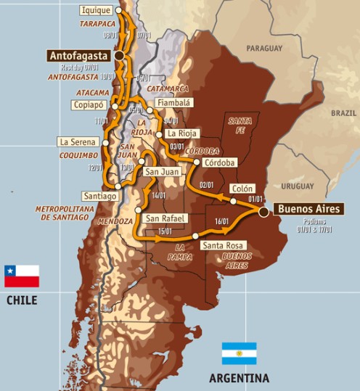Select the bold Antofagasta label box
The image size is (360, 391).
tap(78, 55)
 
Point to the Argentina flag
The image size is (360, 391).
tap(239, 353)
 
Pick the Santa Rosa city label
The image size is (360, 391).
tap(223, 245)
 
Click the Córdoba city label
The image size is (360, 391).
tap(219, 162)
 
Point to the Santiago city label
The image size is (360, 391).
tap(99, 196)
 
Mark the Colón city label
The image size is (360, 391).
tap(242, 188)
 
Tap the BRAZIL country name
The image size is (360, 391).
tap(343, 113)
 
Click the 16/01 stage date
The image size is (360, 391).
tap(222, 221)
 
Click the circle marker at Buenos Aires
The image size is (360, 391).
tap(263, 211)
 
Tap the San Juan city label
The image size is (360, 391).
tap(160, 172)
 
